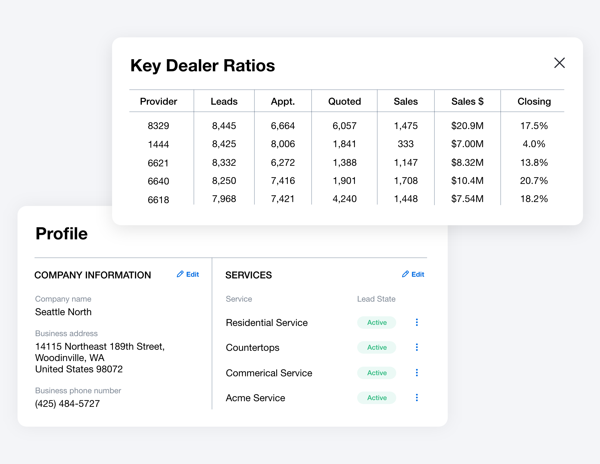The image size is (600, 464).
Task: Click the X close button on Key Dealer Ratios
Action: (x=559, y=63)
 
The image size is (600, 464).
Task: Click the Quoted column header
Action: (x=344, y=101)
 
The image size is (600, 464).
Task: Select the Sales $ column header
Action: (x=467, y=101)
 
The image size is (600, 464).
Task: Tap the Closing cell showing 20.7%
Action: (x=534, y=181)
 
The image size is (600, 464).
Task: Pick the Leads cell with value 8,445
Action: (x=224, y=126)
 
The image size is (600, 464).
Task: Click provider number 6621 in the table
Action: (x=158, y=163)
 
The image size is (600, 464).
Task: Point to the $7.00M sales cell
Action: (x=467, y=144)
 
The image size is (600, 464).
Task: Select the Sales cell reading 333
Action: (x=406, y=144)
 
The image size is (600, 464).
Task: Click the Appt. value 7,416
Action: (x=283, y=181)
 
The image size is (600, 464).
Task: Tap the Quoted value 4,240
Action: (x=344, y=199)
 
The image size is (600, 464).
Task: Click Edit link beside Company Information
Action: (x=188, y=274)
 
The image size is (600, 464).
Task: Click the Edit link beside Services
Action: (x=413, y=274)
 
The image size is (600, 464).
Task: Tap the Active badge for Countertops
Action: (x=377, y=347)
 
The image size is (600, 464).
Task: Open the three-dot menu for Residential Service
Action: (x=417, y=322)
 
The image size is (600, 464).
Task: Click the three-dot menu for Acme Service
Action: (x=417, y=398)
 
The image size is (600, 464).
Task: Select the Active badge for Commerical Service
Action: (x=377, y=373)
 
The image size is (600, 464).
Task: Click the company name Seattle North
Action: (x=63, y=312)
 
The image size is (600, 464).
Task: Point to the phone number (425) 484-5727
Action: (x=67, y=403)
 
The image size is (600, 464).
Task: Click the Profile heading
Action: (x=62, y=234)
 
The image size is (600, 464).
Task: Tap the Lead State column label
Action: (x=376, y=299)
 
